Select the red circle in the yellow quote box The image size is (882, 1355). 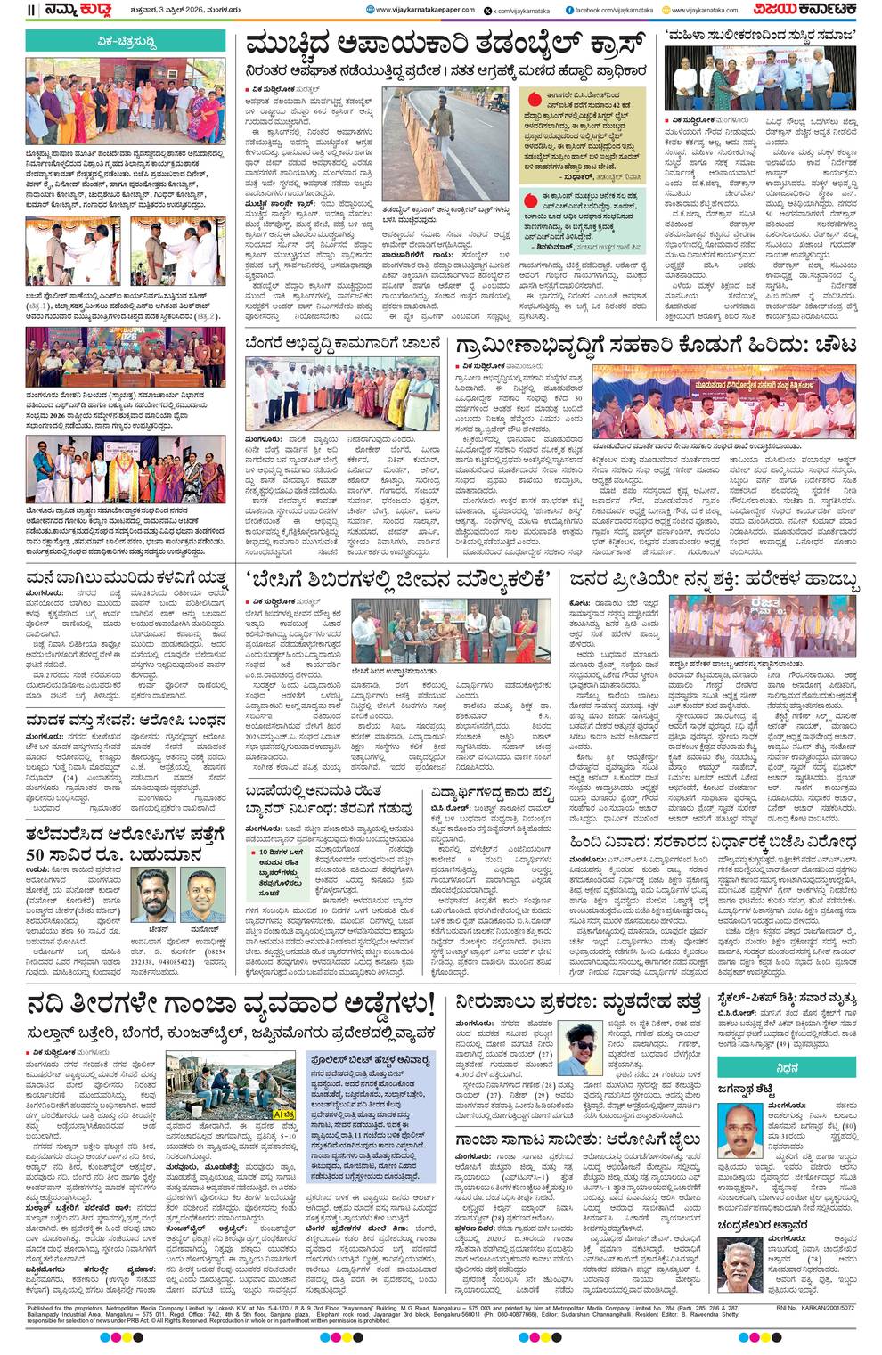pyautogui.click(x=534, y=99)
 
